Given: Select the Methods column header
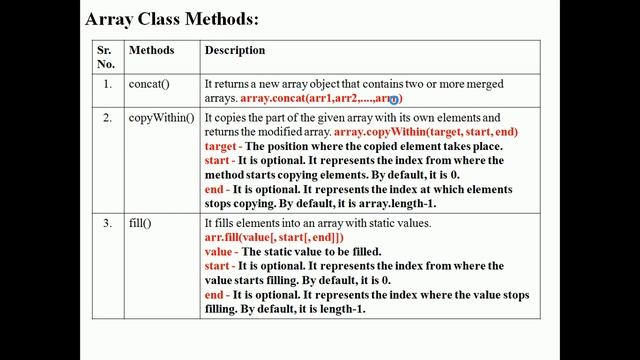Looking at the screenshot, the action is pos(151,50).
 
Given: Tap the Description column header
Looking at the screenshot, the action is pos(234,50).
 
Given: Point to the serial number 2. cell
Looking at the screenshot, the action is pos(107,118).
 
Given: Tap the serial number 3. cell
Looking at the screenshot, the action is pos(107,222).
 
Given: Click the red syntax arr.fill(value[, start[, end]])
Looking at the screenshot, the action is pos(273,237).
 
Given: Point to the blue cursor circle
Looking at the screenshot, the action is pos(395,100).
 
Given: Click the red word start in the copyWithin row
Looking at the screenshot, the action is pos(218,160).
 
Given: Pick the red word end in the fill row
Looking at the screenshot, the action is pos(215,295).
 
